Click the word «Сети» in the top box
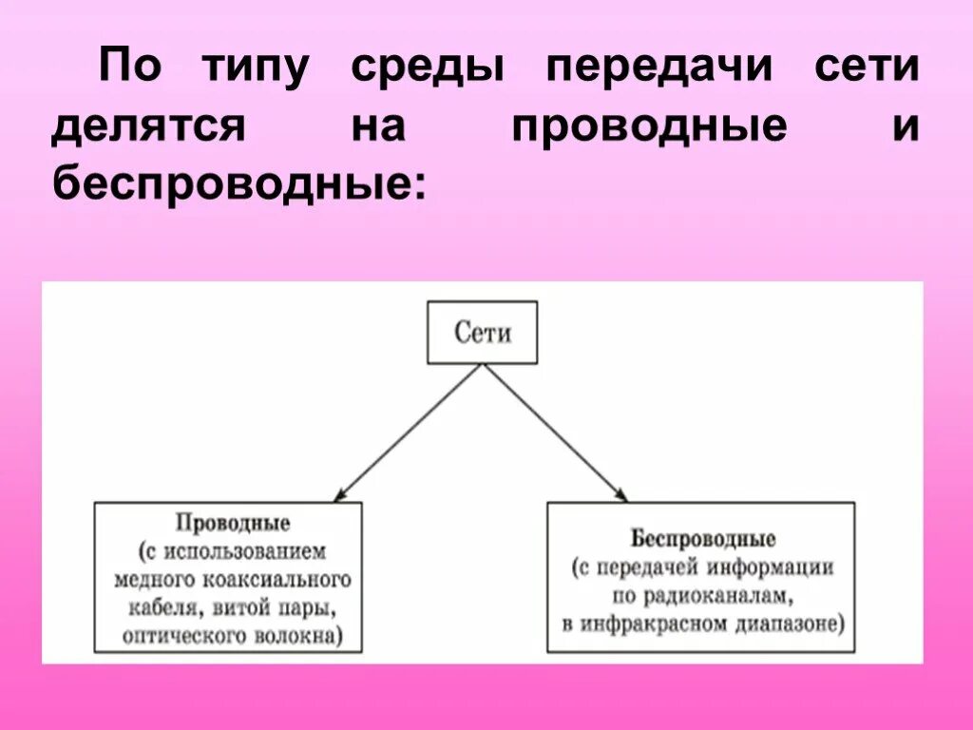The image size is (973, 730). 482,334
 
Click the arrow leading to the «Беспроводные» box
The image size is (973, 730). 556,433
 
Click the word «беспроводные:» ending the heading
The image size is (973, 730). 236,183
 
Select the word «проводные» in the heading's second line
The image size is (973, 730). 649,127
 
